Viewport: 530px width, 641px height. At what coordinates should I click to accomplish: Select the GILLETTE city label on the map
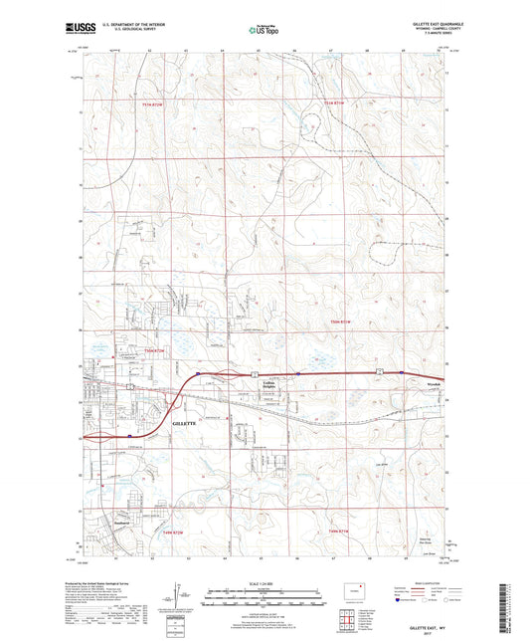pyautogui.click(x=185, y=422)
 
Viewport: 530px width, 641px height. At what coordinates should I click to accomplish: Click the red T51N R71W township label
pyautogui.click(x=339, y=103)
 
